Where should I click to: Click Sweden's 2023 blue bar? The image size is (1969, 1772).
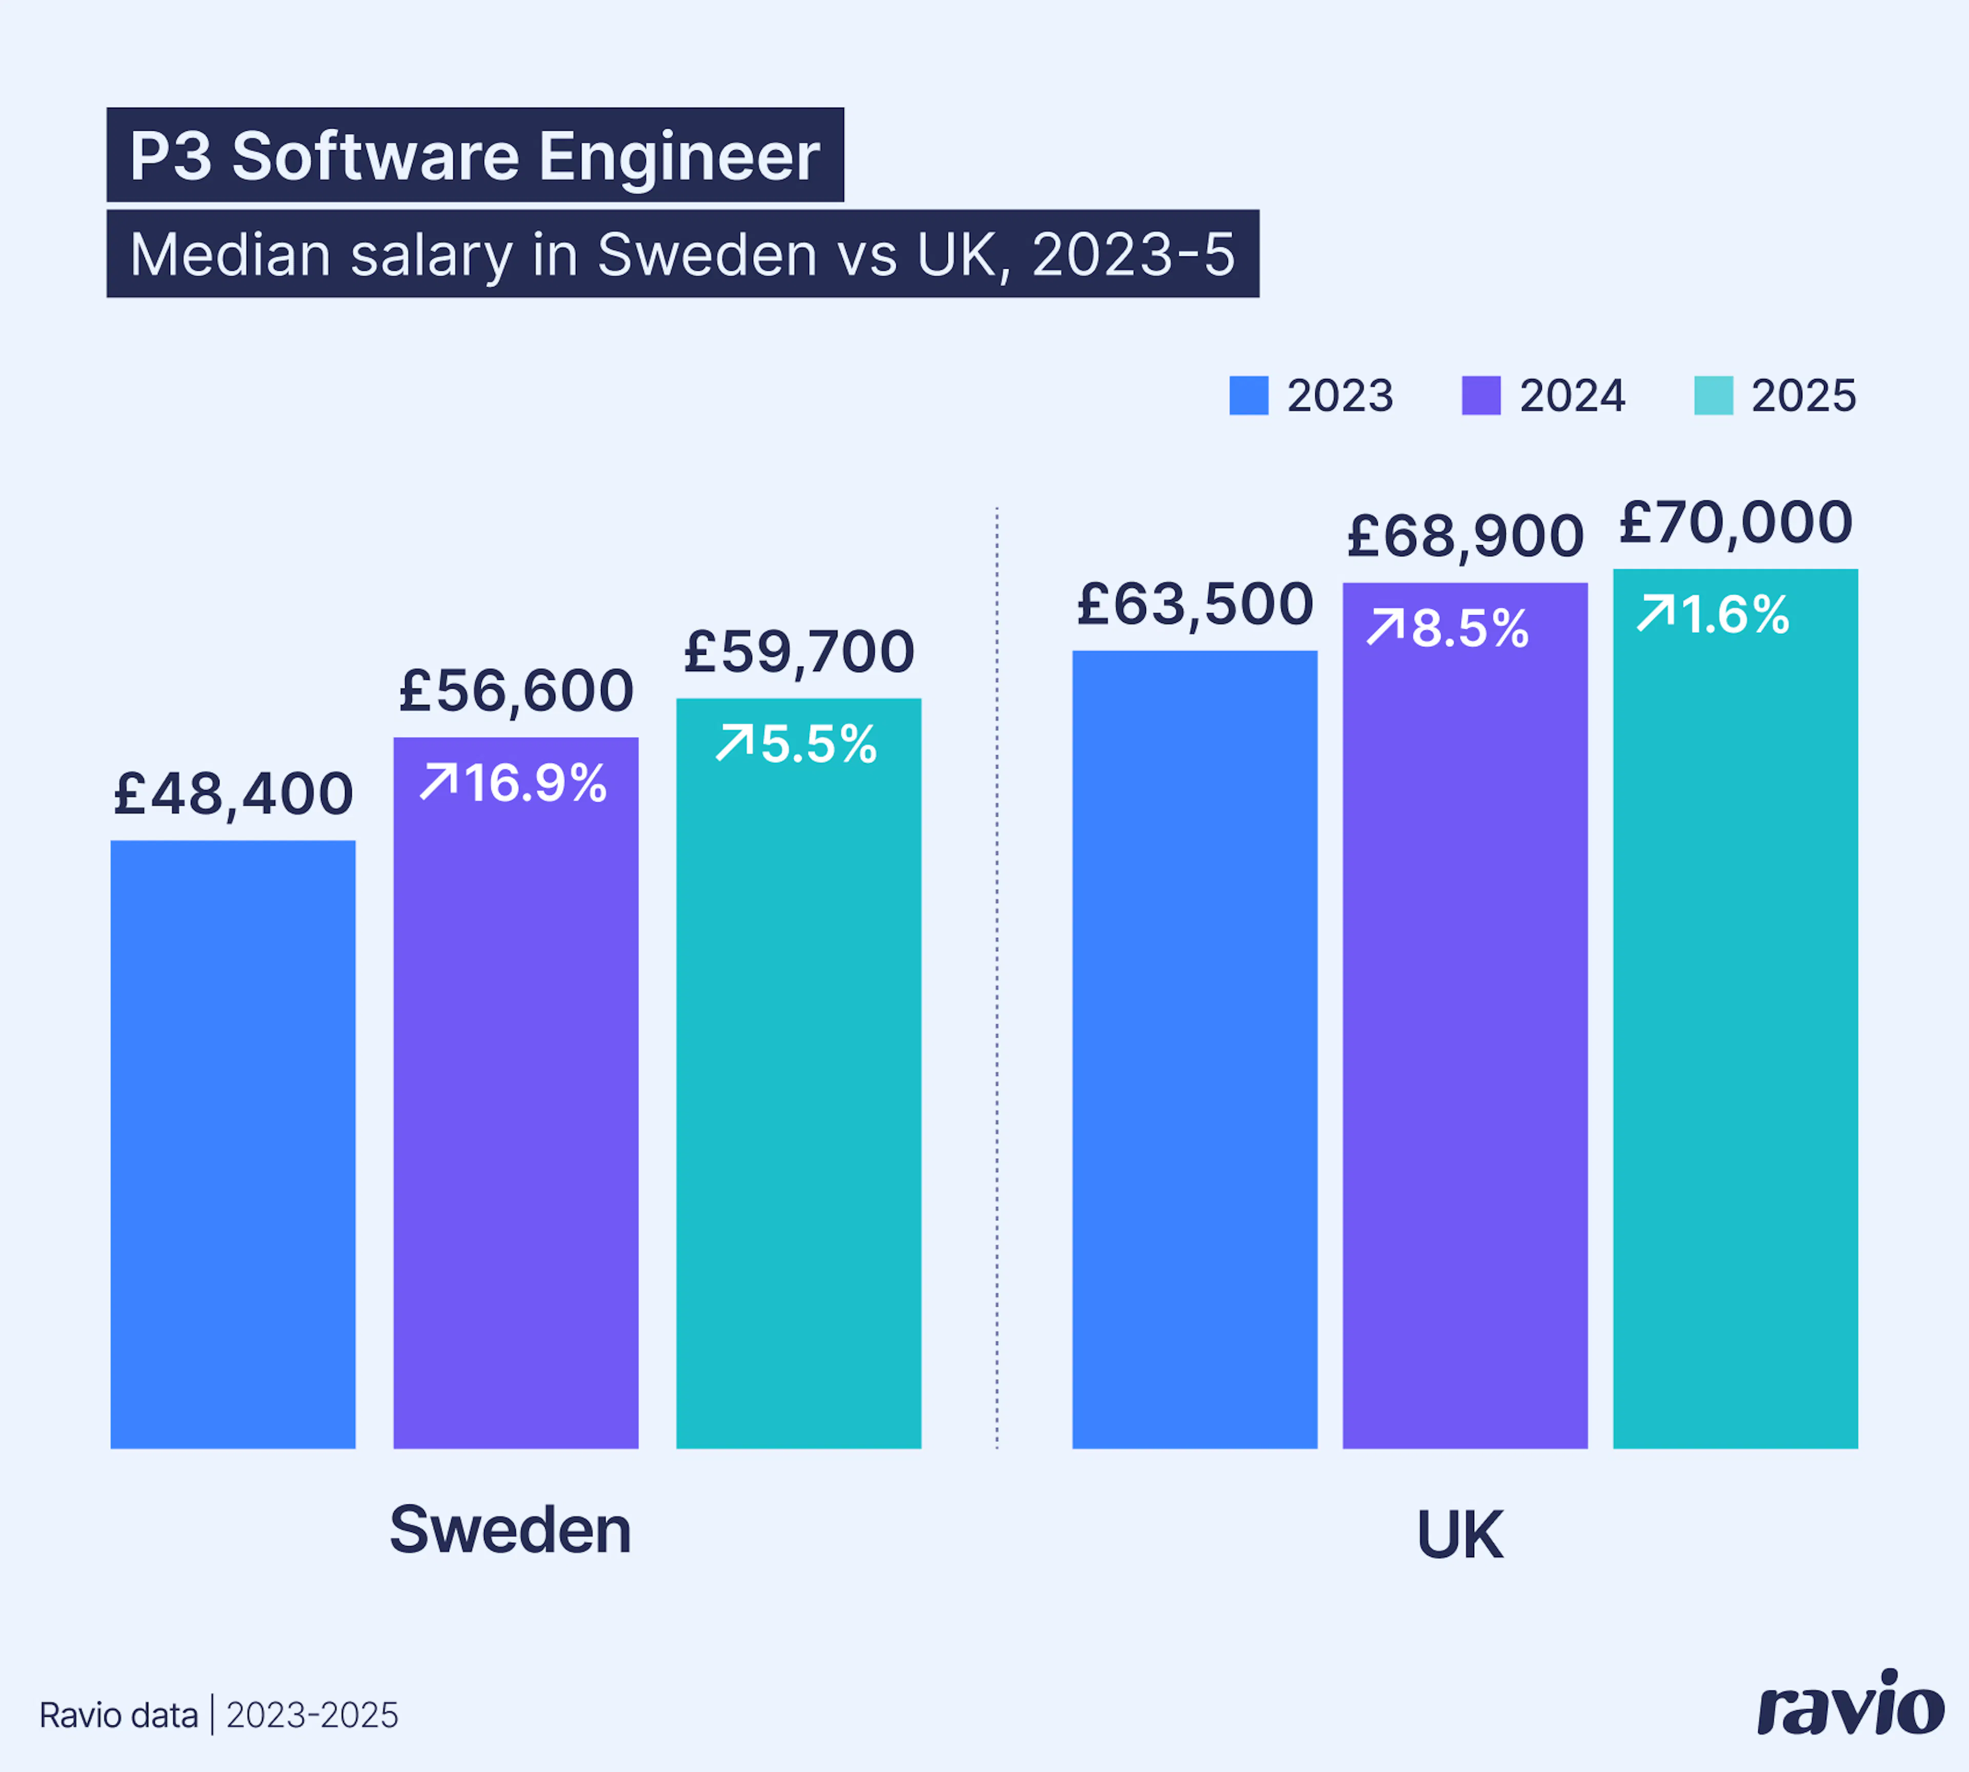tap(233, 1144)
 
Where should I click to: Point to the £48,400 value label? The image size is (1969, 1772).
tap(233, 794)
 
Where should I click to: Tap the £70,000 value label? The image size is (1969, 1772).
tap(1735, 523)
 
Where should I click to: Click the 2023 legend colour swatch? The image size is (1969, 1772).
tap(1249, 395)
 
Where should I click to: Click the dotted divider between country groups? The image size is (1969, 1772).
tap(996, 974)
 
